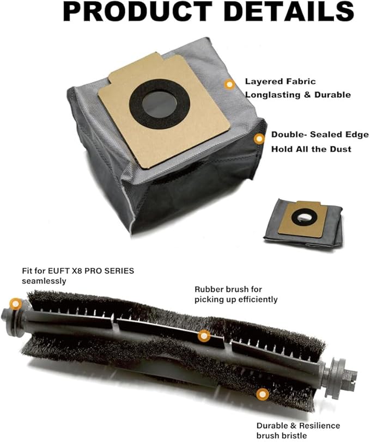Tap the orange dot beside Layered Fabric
(x=230, y=84)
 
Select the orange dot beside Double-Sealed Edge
(x=259, y=139)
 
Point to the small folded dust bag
(x=303, y=223)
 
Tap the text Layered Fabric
(x=280, y=82)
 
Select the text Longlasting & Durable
(x=298, y=95)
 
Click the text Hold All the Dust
(x=311, y=149)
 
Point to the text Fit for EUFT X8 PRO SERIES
(x=78, y=271)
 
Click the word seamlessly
(x=44, y=281)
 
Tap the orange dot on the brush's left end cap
(x=15, y=304)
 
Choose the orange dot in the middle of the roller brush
(x=204, y=336)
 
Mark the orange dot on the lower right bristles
(x=263, y=394)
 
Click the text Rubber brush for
(x=228, y=289)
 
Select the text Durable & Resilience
(x=298, y=426)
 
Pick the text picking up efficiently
(x=236, y=299)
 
